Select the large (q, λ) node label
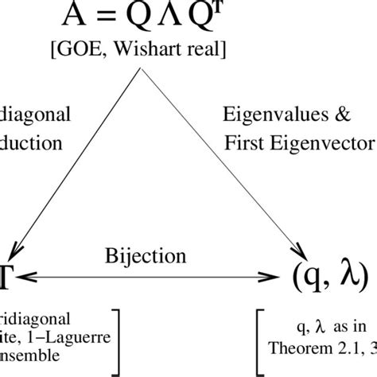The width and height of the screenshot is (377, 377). point(327,277)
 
